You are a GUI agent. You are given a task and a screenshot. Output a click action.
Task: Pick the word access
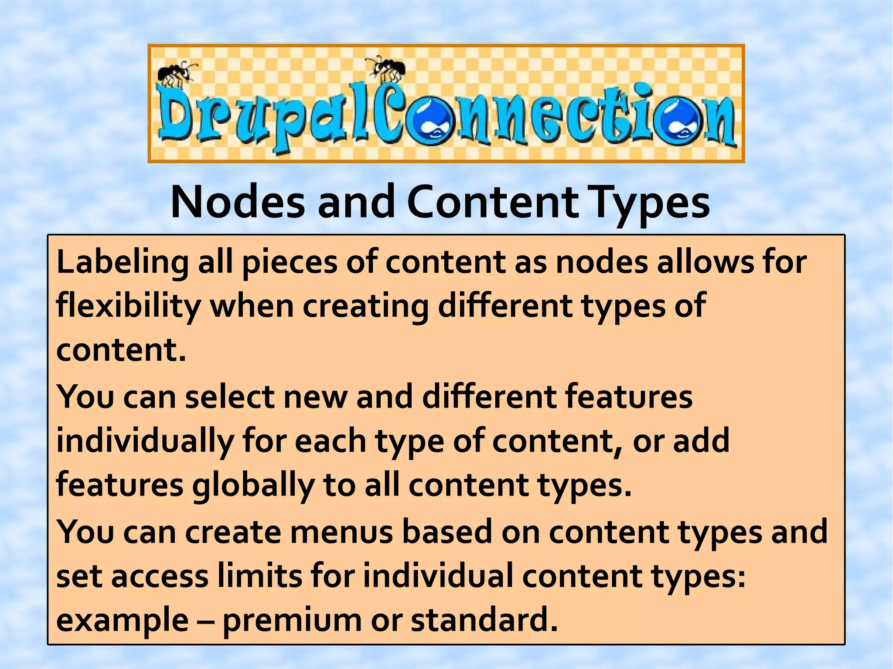click(x=160, y=576)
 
